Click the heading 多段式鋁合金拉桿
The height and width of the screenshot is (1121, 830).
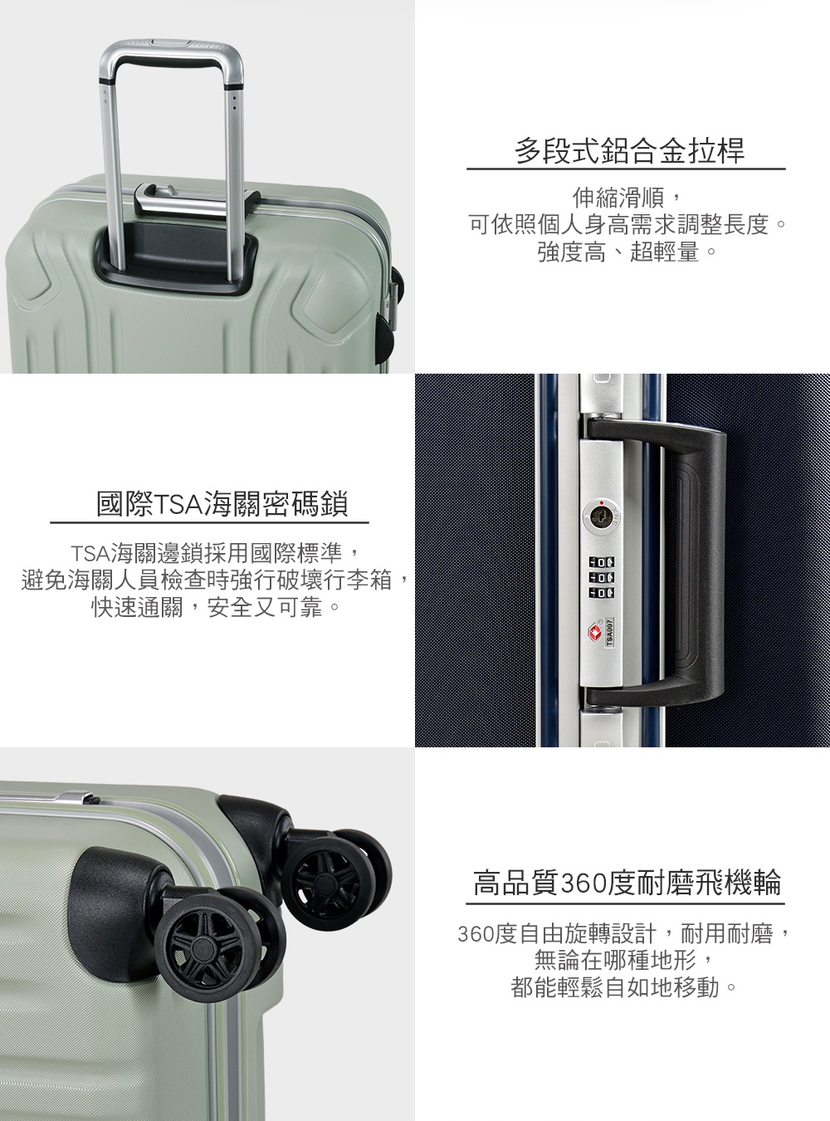pyautogui.click(x=629, y=150)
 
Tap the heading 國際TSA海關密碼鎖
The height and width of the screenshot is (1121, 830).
pyautogui.click(x=222, y=504)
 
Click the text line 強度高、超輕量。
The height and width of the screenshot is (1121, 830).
pyautogui.click(x=627, y=252)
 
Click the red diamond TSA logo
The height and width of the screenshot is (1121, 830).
pyautogui.click(x=594, y=632)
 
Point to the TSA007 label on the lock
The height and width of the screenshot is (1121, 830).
pyautogui.click(x=609, y=632)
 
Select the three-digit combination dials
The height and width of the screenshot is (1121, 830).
pyautogui.click(x=602, y=576)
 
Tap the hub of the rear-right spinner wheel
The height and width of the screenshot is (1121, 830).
pyautogui.click(x=321, y=883)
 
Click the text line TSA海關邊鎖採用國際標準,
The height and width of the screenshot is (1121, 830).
pyautogui.click(x=216, y=553)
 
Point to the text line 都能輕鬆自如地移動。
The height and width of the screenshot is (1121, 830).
pyautogui.click(x=624, y=986)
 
